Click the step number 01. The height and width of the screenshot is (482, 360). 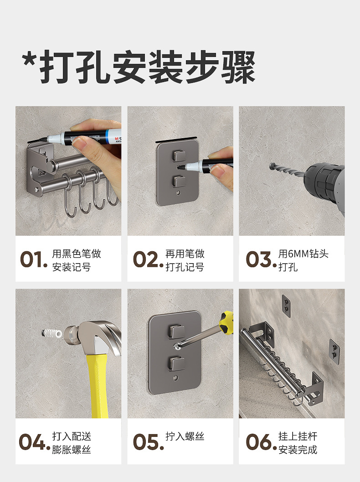[x=33, y=259]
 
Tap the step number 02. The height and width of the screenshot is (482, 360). [x=148, y=259]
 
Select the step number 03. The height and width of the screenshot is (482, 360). [x=261, y=259]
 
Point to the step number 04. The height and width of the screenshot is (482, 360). [x=34, y=442]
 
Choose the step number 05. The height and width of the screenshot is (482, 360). [x=149, y=442]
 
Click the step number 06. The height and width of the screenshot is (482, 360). [x=261, y=442]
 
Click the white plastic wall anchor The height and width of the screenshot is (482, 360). [x=51, y=333]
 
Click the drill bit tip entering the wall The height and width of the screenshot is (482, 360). [x=272, y=166]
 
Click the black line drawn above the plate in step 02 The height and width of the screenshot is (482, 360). [x=176, y=140]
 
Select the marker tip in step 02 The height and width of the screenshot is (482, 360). [x=181, y=168]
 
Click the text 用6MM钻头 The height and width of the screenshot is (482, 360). [x=303, y=254]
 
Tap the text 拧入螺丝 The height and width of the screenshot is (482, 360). [x=185, y=436]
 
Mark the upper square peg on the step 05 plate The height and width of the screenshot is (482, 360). [x=177, y=332]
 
